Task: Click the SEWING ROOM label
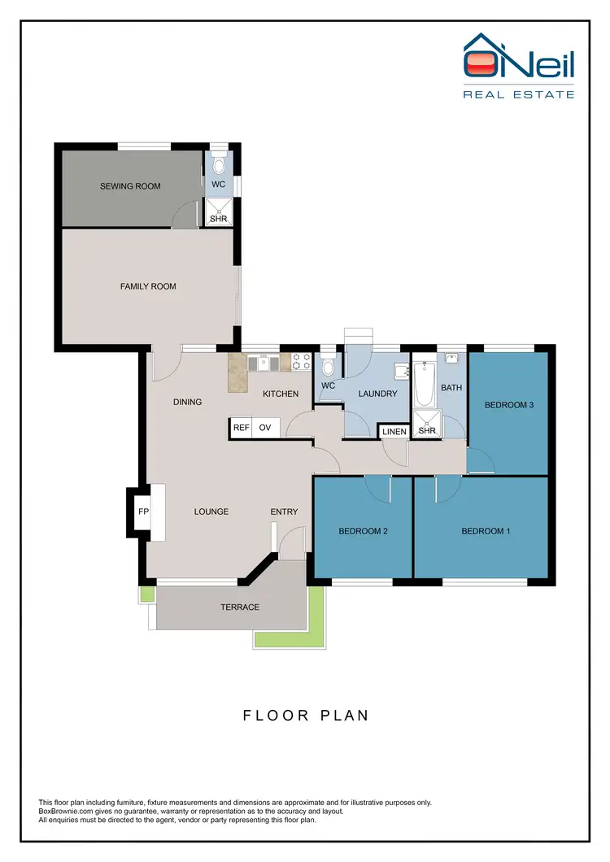click(x=130, y=186)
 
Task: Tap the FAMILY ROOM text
click(x=148, y=286)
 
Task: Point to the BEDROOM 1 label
click(x=486, y=531)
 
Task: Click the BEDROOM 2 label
click(x=362, y=531)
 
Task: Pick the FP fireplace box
click(x=144, y=512)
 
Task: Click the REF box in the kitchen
click(x=241, y=428)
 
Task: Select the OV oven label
click(x=265, y=428)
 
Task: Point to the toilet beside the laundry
click(x=328, y=359)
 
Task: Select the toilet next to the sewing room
click(x=218, y=164)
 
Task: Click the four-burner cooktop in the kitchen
click(x=302, y=361)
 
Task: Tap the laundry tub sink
click(x=401, y=371)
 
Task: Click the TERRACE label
click(x=240, y=607)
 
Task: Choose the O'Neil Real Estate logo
click(x=518, y=66)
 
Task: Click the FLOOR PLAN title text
click(x=306, y=716)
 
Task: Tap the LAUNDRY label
click(x=378, y=394)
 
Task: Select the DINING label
click(x=187, y=402)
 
